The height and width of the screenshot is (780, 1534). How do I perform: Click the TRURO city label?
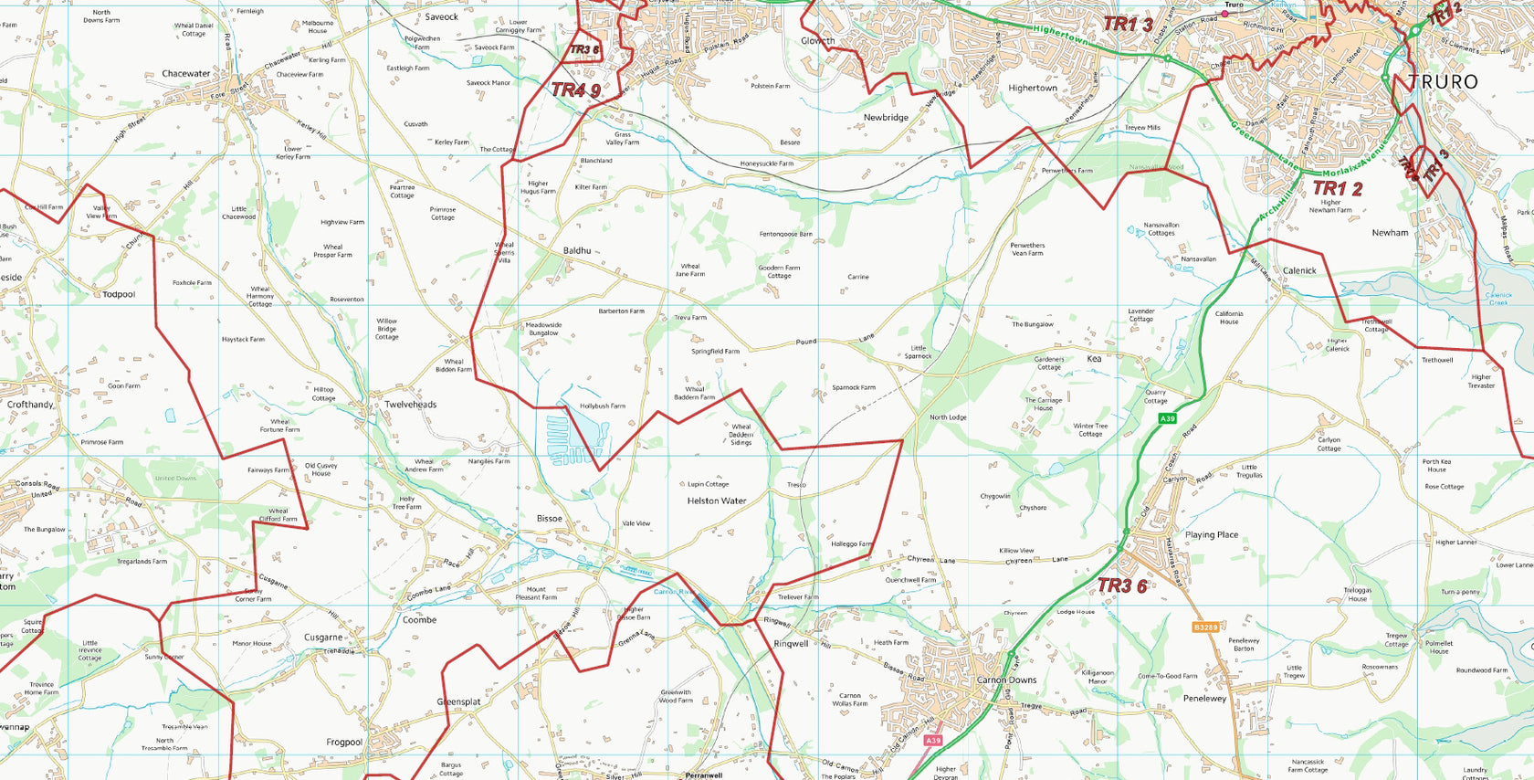1443,82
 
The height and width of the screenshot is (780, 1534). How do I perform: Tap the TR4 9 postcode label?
575,90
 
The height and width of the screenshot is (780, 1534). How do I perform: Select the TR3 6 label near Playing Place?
1121,585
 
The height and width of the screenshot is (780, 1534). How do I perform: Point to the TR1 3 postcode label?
1128,25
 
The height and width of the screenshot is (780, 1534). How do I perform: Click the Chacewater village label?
185,74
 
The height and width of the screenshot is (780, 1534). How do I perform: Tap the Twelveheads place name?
410,405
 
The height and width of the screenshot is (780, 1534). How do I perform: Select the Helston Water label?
716,501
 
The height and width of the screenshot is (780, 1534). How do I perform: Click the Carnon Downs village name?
1006,680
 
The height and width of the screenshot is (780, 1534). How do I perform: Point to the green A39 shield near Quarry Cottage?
1167,418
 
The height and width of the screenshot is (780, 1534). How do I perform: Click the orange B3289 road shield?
1205,627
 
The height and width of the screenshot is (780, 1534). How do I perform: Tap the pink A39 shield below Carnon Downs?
932,741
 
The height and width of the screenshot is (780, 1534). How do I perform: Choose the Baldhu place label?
577,251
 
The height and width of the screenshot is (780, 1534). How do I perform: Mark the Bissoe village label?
549,519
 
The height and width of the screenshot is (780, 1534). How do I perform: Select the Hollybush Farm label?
603,406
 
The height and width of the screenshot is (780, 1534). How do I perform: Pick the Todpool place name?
119,295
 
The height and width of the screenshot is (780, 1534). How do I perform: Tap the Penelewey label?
1204,699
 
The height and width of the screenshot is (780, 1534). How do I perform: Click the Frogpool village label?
344,743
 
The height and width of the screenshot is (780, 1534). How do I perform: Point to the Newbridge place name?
885,118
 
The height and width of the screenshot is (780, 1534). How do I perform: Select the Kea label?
1094,359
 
